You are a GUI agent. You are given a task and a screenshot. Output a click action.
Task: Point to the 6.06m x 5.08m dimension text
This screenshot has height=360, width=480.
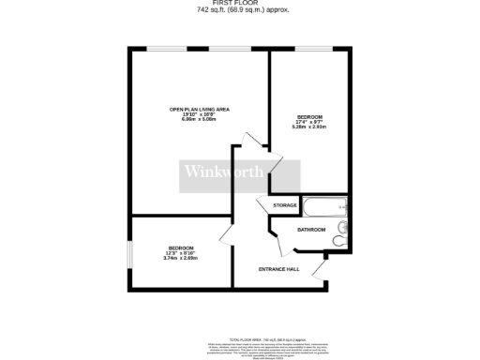pos(199,120)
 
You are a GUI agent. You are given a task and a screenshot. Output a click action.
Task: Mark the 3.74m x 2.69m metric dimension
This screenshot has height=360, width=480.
pos(180,259)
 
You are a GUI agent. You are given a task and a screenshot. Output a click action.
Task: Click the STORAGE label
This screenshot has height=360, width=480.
pos(285,205)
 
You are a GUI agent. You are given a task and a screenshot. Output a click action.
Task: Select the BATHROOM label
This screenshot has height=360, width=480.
pos(311,230)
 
